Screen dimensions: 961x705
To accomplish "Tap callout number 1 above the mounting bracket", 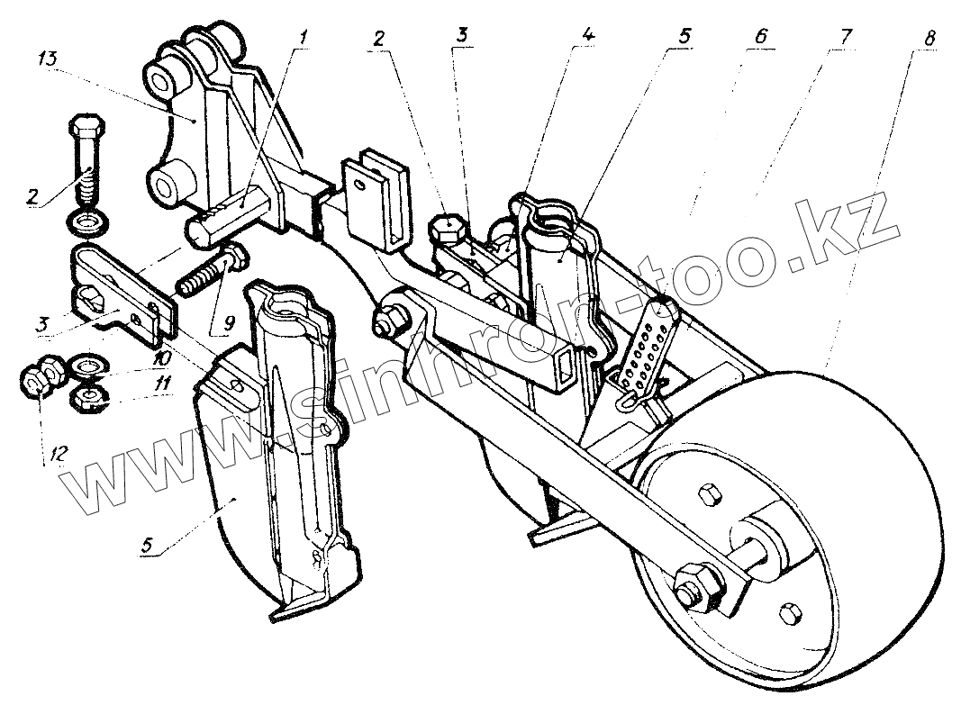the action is pos(304,37).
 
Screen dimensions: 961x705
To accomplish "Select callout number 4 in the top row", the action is pos(587,37).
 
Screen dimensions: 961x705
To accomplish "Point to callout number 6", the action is pos(761,37).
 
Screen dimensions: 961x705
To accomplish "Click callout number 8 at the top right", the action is pos(929,39).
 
